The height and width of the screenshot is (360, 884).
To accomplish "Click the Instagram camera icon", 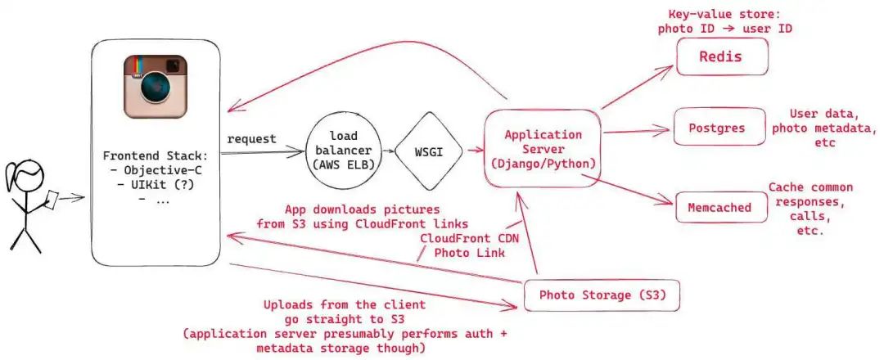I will pos(156,86).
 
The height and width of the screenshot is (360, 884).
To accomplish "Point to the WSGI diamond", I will pos(429,152).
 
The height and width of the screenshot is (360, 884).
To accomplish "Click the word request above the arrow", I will pos(250,139).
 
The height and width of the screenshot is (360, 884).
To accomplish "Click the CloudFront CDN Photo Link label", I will pos(463,245).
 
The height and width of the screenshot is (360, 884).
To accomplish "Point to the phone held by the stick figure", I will pos(50,196).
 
